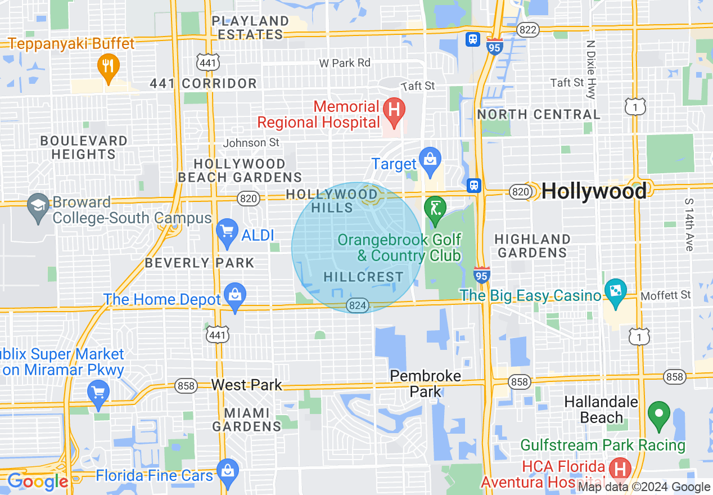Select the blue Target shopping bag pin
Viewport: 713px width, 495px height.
(430, 159)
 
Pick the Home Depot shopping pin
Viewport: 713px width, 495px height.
(234, 295)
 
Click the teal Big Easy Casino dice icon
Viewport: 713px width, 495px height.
(615, 291)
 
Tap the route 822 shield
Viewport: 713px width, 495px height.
(528, 30)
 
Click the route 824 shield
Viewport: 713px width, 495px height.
(357, 305)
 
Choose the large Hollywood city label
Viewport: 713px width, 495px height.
(594, 192)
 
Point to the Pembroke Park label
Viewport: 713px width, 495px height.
(426, 384)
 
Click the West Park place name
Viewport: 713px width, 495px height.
(246, 385)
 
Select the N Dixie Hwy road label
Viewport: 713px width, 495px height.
(590, 69)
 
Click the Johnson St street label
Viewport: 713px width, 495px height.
(251, 143)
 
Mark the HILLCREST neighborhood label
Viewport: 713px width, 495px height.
(364, 277)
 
